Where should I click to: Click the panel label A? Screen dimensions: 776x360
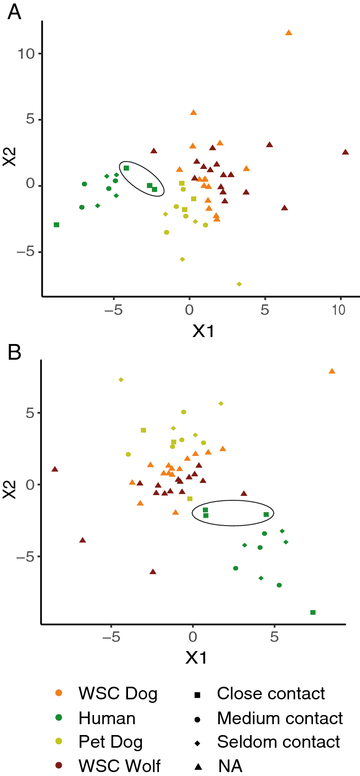(14, 12)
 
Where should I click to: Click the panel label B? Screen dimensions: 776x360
(14, 352)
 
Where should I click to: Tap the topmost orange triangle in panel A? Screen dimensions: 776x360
(289, 33)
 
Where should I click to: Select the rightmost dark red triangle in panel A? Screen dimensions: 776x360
(345, 152)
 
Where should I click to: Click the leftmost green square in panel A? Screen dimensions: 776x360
(56, 225)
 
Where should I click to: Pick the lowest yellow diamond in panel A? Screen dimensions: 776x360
(239, 284)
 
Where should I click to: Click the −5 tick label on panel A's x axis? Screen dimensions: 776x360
(114, 310)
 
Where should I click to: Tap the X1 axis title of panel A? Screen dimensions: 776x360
(204, 331)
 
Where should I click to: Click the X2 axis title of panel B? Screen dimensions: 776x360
(10, 489)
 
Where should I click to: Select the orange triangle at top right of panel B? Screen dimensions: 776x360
(332, 371)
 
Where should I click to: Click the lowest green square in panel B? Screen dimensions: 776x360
(313, 612)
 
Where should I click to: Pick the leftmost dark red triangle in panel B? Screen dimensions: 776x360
(55, 469)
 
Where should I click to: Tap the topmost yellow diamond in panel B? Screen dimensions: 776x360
(121, 380)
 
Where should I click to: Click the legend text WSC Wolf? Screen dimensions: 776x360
(119, 766)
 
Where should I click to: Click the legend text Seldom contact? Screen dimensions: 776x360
(279, 742)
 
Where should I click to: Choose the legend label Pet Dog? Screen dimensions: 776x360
(111, 742)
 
